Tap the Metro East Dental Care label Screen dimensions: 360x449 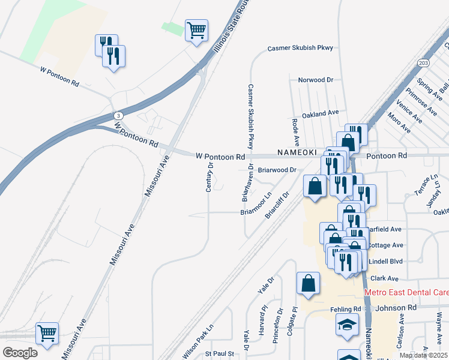[x=406, y=292]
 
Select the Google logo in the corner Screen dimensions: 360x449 [x=20, y=352]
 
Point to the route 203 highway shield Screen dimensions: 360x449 [x=424, y=62]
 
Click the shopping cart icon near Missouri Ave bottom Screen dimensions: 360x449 [x=47, y=332]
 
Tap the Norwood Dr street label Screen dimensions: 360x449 [x=316, y=80]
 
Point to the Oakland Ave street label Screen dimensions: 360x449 [x=321, y=113]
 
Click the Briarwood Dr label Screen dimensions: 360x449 [x=277, y=170]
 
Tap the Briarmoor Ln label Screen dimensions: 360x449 [x=256, y=203]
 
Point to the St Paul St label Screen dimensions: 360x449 [x=220, y=354]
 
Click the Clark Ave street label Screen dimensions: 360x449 [x=384, y=278]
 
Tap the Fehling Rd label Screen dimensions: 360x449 [x=345, y=309]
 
